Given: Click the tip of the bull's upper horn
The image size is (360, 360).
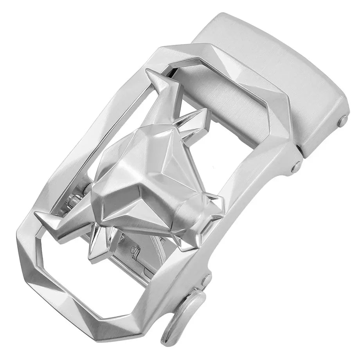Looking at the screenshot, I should pyautogui.click(x=148, y=72).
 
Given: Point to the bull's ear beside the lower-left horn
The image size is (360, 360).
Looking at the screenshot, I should pyautogui.click(x=98, y=247).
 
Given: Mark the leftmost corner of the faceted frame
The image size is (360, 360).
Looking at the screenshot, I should pyautogui.click(x=18, y=239).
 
